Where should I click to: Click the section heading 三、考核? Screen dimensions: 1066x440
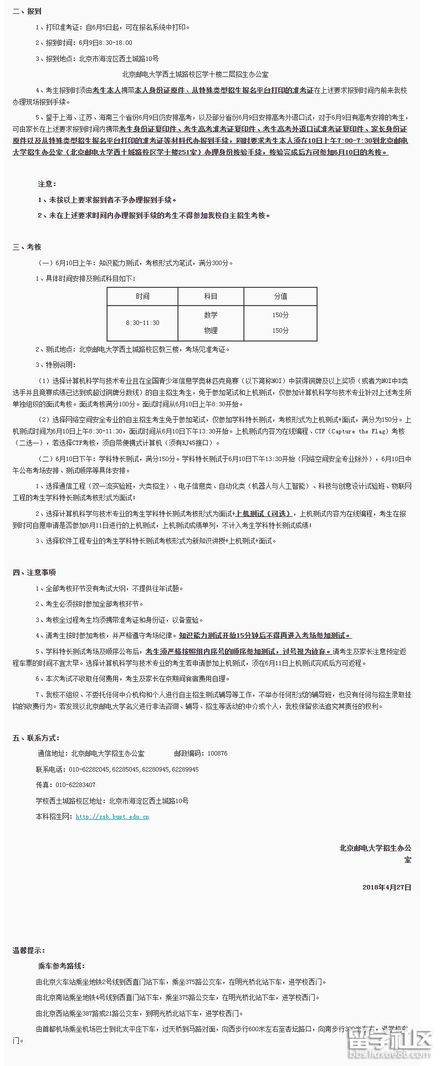(x=27, y=247)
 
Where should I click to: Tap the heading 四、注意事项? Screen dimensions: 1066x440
(x=34, y=572)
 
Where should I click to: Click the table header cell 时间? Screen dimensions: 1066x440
(x=142, y=296)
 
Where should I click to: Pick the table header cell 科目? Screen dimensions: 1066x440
(x=211, y=296)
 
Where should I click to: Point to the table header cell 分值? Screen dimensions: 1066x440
(x=280, y=296)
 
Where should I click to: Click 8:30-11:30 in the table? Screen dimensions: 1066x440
(x=142, y=323)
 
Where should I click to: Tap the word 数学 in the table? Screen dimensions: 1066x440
(x=211, y=315)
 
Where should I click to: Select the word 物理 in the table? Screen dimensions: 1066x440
(x=211, y=330)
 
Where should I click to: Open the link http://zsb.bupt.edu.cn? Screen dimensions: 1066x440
(x=112, y=816)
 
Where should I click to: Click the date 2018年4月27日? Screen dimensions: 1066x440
(x=387, y=887)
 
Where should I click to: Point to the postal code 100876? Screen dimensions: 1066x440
(x=217, y=753)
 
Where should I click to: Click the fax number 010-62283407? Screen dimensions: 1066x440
(x=75, y=785)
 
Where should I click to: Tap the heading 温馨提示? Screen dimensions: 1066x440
(x=29, y=950)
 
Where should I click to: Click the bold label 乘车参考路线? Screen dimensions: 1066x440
(x=61, y=966)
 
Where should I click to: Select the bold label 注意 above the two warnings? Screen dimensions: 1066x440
(x=47, y=184)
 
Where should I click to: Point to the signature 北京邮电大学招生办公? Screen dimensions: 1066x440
(x=375, y=848)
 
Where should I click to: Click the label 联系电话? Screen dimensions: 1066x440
(x=50, y=769)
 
